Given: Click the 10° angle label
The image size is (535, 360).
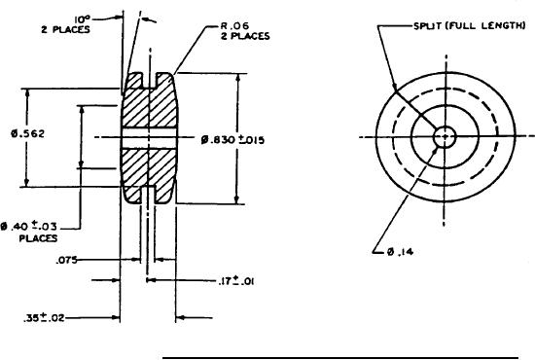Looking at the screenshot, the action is click(x=82, y=20).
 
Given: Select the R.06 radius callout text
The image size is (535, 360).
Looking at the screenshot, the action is click(x=235, y=26).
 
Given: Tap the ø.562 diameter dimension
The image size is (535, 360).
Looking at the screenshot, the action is click(x=27, y=133).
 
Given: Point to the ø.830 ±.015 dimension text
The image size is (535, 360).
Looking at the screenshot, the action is click(x=232, y=140).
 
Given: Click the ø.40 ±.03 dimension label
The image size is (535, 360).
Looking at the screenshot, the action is click(x=28, y=227).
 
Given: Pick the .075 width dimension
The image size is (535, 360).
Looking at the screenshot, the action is click(x=66, y=261).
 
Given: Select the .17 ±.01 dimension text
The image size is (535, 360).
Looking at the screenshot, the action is click(x=235, y=281).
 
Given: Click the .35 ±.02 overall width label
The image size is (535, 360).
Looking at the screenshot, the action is click(x=44, y=318).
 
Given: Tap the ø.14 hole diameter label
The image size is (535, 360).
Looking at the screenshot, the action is click(x=400, y=252).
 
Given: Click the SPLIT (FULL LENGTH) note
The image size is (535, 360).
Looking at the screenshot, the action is click(x=469, y=26).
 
